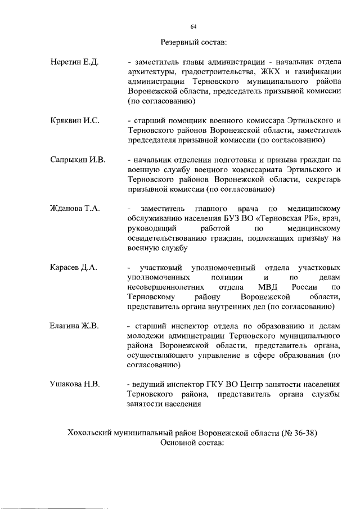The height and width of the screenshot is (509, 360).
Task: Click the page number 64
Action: coord(193,26)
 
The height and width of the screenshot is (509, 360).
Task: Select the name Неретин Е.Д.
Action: coord(74,61)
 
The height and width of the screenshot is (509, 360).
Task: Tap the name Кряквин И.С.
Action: coord(74,121)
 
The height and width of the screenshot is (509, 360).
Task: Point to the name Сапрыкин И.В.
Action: coord(78,160)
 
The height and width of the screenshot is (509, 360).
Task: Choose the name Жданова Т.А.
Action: coord(75,209)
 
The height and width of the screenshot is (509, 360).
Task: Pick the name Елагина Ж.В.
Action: coord(74,326)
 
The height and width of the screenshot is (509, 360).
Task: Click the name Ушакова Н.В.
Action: coord(75,384)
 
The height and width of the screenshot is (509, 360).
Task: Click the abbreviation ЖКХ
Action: coord(272,71)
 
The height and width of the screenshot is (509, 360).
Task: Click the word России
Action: coord(307,287)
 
